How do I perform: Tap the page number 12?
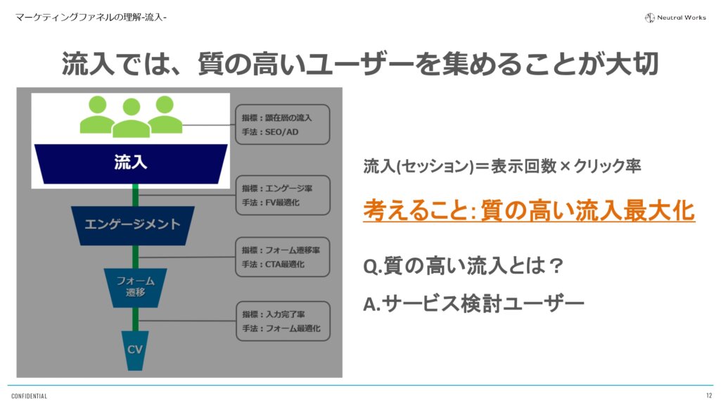coord(708,395)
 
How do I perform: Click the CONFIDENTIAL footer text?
coord(29,396)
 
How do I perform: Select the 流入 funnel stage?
coord(131,163)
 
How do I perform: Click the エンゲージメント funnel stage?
coord(132,224)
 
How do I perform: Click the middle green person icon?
coord(132,118)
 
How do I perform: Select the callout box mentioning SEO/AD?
coord(281,125)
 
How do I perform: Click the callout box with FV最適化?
coord(281,195)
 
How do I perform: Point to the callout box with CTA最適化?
coord(281,257)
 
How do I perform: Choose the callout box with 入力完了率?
coord(281,320)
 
